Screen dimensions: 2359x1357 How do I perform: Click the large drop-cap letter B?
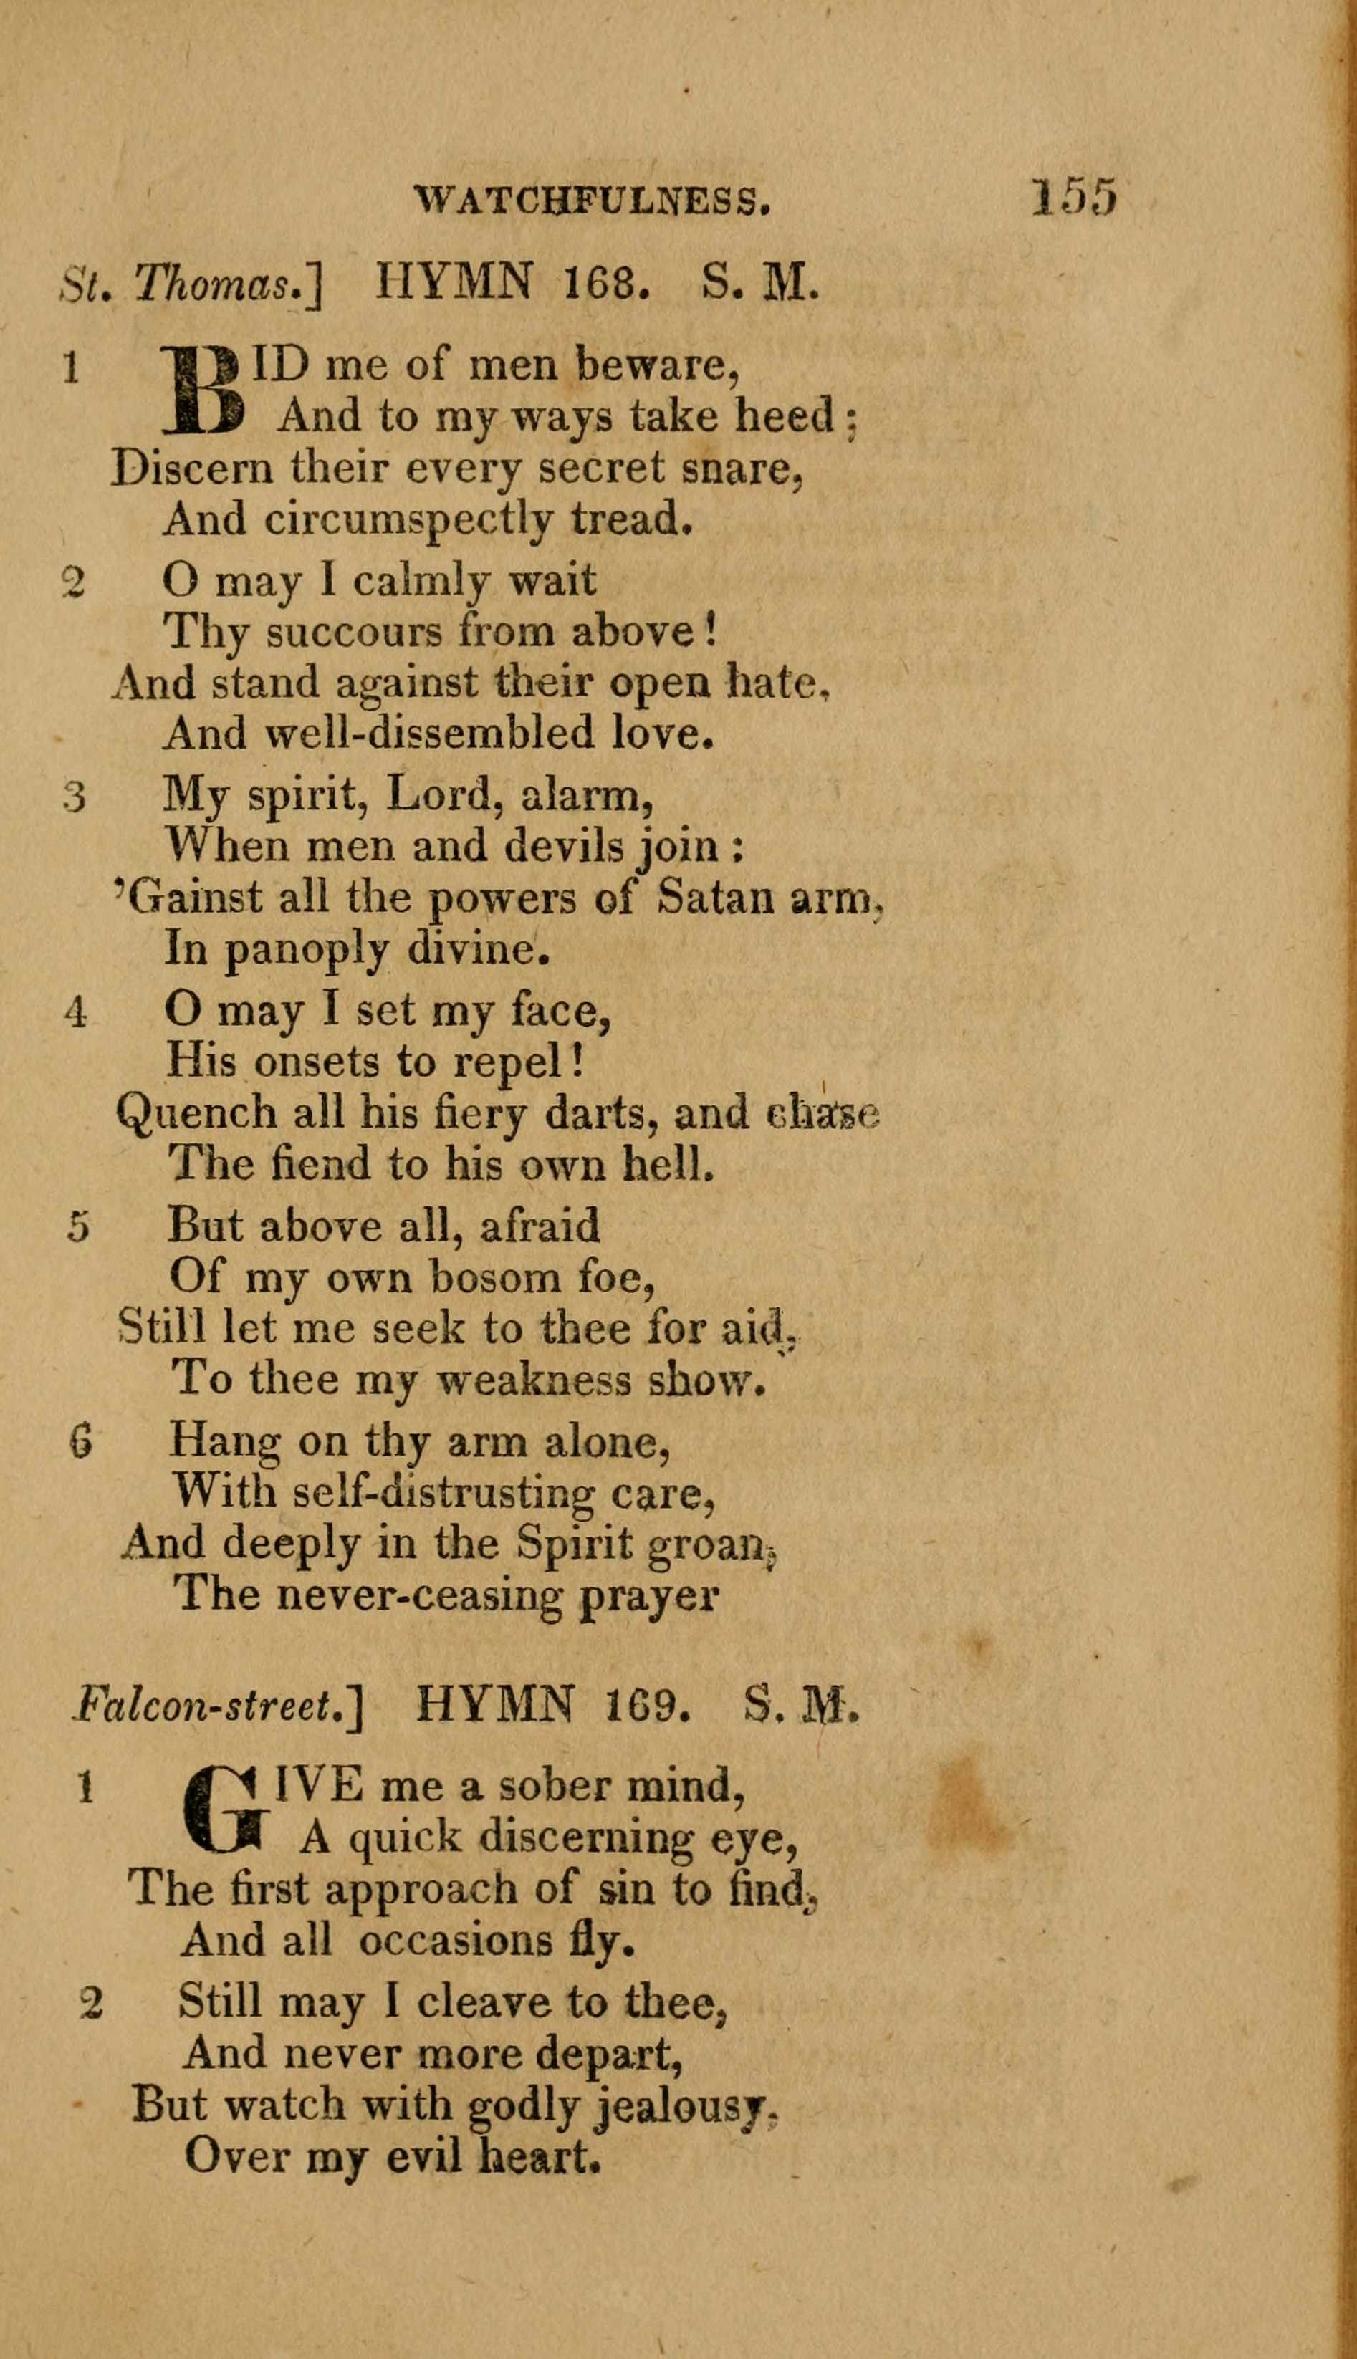[x=203, y=391]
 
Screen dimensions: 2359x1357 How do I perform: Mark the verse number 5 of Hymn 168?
[x=80, y=1227]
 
